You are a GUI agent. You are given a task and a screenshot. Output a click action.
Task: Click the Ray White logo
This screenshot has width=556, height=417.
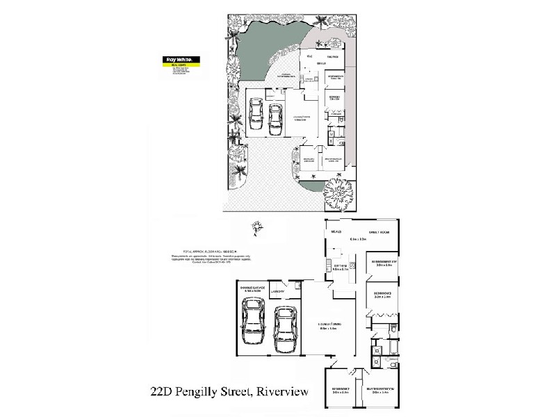pyautogui.click(x=177, y=59)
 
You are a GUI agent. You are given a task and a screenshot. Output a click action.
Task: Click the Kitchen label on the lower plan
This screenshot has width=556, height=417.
pyautogui.click(x=339, y=266)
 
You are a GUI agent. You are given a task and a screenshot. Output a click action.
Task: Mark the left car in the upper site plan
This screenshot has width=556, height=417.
pyautogui.click(x=256, y=117)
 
